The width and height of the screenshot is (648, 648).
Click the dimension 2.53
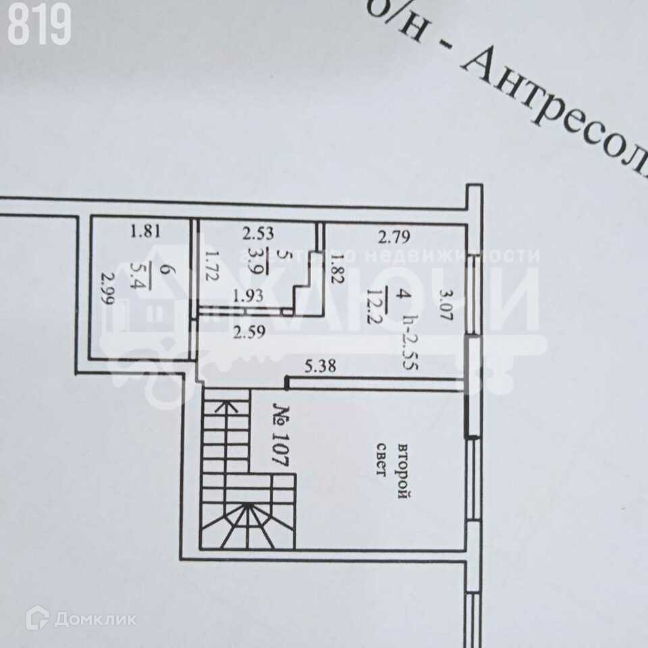258,234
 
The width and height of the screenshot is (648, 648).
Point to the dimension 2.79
394,237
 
